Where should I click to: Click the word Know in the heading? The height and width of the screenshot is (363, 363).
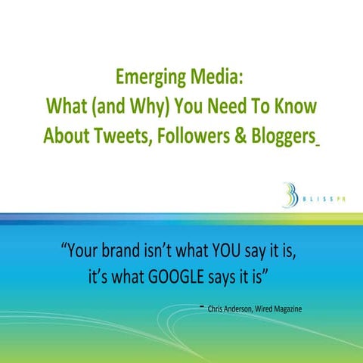click(x=296, y=107)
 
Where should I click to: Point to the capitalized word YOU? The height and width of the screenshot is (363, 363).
click(x=222, y=251)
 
